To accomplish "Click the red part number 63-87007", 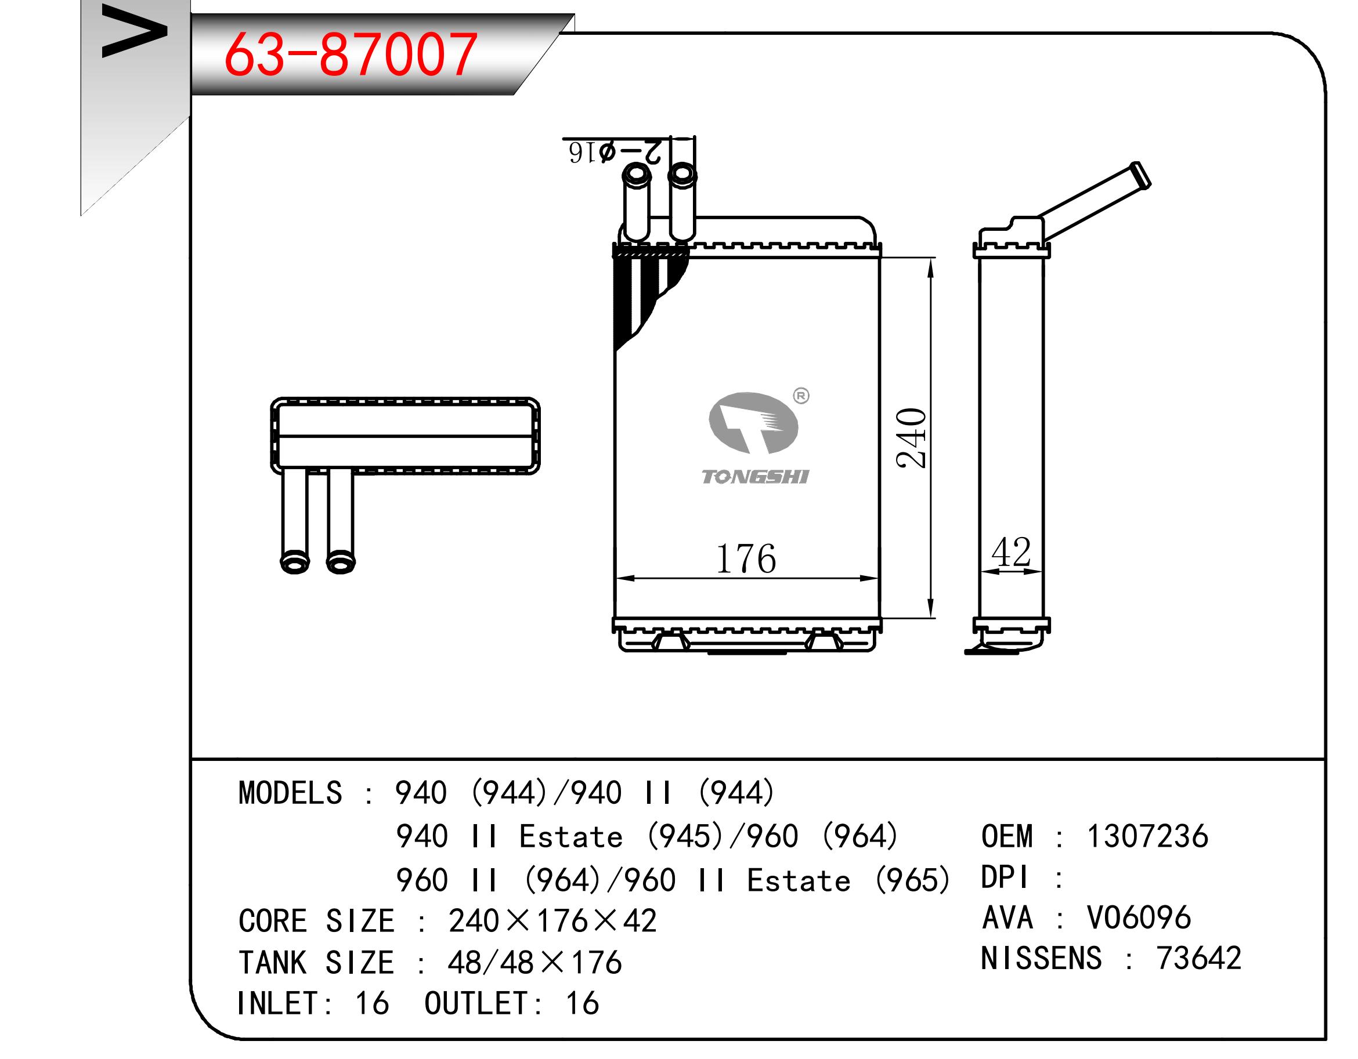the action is point(351,55).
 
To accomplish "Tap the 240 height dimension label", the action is point(912,437).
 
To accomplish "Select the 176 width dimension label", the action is point(746,558).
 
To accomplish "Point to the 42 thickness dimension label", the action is point(1011,552).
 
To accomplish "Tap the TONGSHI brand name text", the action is point(755,477).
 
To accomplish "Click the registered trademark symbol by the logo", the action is point(801,396).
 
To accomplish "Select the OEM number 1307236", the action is point(1147,836).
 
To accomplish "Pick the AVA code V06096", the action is point(1139,917).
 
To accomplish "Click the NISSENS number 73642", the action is point(1199,958).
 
